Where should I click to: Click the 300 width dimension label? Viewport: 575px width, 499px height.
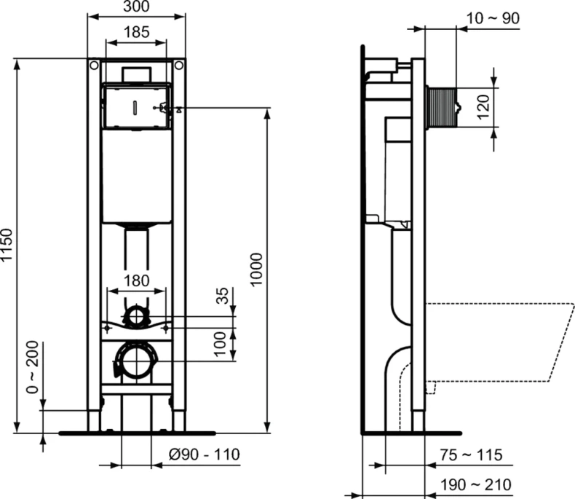pyautogui.click(x=136, y=8)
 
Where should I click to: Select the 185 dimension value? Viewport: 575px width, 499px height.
pyautogui.click(x=136, y=32)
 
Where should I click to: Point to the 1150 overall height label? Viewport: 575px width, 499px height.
pyautogui.click(x=9, y=245)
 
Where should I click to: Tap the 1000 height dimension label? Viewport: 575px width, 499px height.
pyautogui.click(x=257, y=270)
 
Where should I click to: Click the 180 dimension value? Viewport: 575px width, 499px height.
pyautogui.click(x=136, y=281)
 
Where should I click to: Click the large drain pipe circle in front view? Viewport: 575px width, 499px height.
pyautogui.click(x=136, y=361)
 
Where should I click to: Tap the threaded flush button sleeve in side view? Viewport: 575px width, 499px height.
pyautogui.click(x=441, y=108)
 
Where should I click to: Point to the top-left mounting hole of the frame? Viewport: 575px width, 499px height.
pyautogui.click(x=94, y=66)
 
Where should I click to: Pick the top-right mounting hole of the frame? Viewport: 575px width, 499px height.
pyautogui.click(x=178, y=66)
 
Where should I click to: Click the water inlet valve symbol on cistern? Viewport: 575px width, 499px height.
pyautogui.click(x=165, y=109)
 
